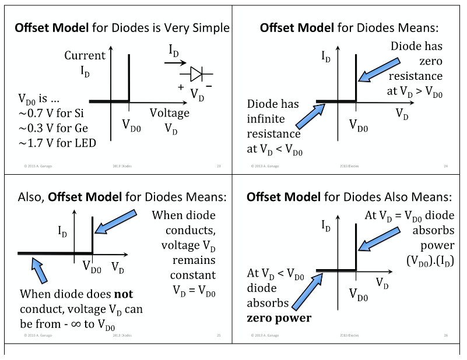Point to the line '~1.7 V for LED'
coord(57,143)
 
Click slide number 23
coord(219,166)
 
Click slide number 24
coord(446,166)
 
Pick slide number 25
coord(219,336)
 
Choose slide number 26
coord(446,336)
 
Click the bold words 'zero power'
coord(279,318)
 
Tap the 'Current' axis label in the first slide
coord(85,56)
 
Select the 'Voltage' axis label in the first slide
coord(169,113)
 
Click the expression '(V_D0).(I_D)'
coord(430,260)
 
